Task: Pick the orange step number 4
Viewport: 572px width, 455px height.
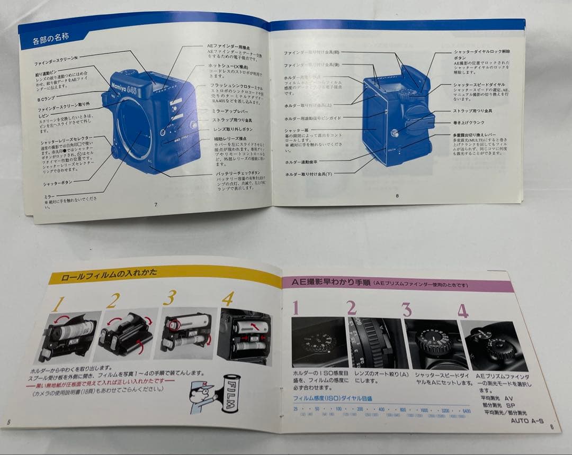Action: pos(227,299)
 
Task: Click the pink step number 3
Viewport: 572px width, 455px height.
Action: pos(407,310)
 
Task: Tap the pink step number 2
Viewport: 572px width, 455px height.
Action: pos(352,308)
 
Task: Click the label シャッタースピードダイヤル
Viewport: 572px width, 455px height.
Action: pos(478,85)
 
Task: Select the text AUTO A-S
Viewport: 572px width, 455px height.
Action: pos(527,421)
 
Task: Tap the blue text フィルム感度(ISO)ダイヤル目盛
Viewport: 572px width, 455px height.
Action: pos(333,398)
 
